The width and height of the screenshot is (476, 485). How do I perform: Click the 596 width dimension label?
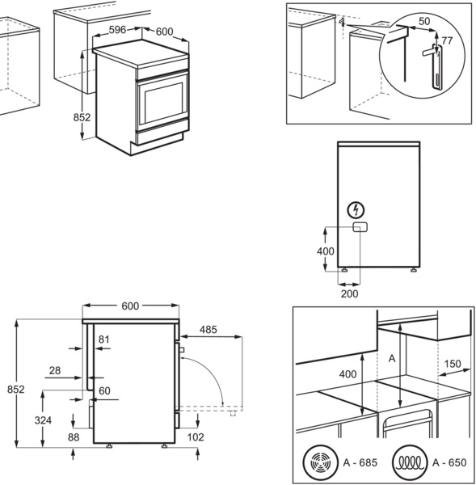[117, 30]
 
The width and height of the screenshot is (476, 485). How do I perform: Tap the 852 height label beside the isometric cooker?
[82, 117]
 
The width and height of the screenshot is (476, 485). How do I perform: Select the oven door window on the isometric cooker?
[163, 103]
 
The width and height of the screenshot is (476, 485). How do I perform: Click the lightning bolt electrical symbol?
[356, 210]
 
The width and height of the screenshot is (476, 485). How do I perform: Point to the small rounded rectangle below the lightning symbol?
[360, 227]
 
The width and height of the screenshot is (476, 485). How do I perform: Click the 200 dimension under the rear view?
[349, 293]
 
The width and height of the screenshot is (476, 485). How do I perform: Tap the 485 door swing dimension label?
[209, 330]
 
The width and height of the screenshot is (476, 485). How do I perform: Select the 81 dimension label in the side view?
[104, 339]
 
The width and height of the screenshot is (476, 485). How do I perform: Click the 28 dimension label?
[55, 370]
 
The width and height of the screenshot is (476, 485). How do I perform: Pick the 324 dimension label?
[43, 420]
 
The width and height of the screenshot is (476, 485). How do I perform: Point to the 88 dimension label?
[74, 437]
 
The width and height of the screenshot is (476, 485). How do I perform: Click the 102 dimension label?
[196, 437]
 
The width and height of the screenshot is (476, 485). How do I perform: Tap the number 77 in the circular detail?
[447, 41]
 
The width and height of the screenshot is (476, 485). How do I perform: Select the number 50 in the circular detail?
[424, 21]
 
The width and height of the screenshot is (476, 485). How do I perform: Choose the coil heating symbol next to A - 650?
[410, 462]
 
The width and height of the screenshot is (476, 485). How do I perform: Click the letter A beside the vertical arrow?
[392, 358]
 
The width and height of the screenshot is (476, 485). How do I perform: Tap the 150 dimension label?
[453, 364]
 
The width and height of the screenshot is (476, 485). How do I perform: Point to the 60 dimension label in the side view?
[104, 391]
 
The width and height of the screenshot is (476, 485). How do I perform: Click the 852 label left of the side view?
[16, 390]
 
